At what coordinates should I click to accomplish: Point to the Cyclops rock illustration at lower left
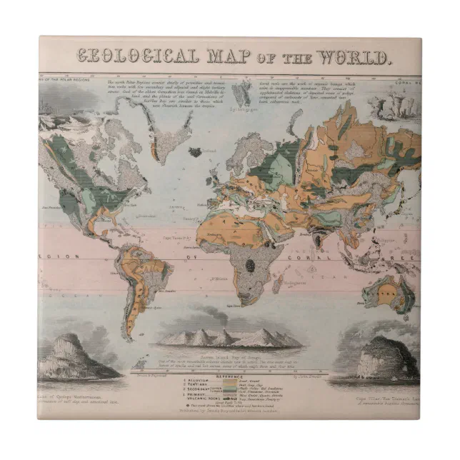pyautogui.click(x=74, y=357)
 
